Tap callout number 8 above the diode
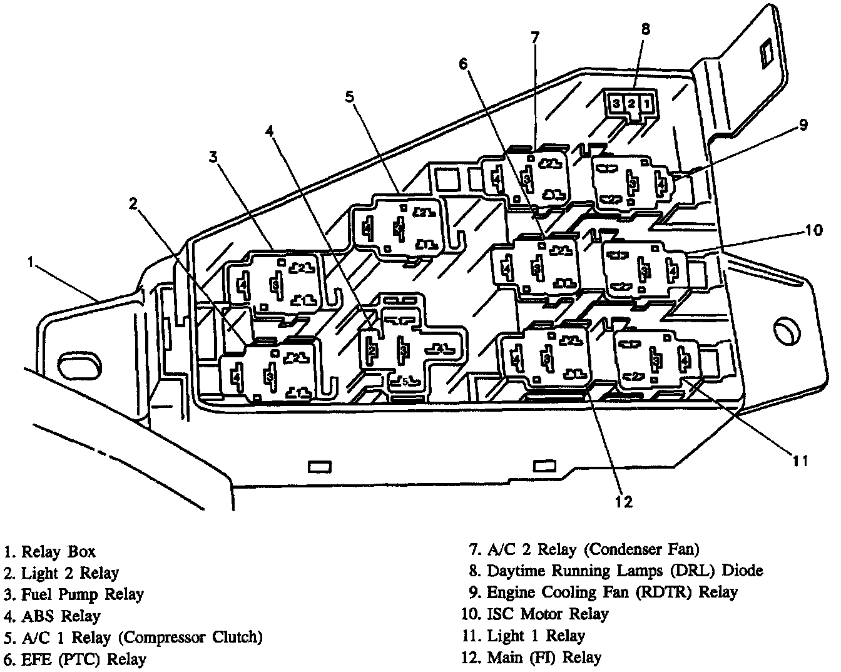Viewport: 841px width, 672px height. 646,29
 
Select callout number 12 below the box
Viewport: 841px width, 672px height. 624,501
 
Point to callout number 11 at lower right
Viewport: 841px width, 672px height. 800,461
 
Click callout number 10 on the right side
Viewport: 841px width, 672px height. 813,230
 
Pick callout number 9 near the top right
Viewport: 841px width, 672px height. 803,125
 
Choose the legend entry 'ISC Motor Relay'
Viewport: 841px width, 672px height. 547,614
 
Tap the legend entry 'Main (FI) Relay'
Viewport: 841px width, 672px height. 544,657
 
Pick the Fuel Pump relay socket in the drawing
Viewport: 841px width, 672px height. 275,283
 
